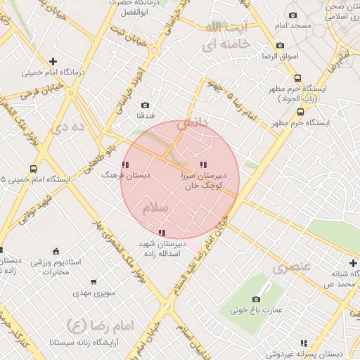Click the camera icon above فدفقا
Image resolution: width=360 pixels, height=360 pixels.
(146, 105)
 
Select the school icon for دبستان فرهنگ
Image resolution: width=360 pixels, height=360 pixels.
(125, 165)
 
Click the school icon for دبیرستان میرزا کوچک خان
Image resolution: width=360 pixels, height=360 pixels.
(203, 165)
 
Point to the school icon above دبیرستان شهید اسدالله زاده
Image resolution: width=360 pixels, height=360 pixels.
(162, 232)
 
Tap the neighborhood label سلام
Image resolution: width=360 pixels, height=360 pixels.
(155, 208)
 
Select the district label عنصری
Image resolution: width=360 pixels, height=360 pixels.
(292, 268)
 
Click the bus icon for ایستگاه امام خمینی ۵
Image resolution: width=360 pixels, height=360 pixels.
(33, 169)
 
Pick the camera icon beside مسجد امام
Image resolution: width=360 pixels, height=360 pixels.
(292, 15)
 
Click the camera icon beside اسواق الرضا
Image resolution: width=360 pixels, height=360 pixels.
(281, 46)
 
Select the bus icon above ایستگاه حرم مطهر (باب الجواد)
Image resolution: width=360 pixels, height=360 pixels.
(297, 79)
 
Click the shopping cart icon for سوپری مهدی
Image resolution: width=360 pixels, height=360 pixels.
(94, 282)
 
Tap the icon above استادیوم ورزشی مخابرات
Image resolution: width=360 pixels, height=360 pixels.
(56, 252)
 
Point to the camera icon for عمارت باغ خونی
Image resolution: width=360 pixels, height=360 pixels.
(252, 299)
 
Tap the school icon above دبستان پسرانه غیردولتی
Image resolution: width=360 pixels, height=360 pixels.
(304, 343)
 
